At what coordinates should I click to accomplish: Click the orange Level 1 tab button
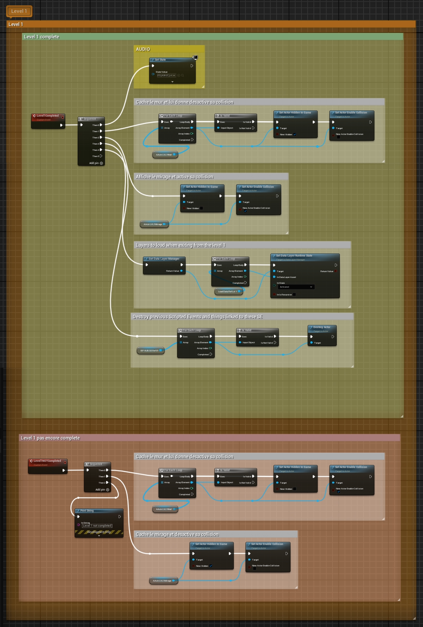tap(19, 11)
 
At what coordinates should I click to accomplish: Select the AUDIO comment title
tap(143, 49)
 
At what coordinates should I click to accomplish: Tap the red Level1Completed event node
tap(48, 116)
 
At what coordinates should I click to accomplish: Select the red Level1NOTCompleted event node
tap(47, 461)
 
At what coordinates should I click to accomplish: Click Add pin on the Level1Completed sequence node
tap(96, 163)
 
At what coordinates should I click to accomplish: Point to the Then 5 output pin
tap(101, 156)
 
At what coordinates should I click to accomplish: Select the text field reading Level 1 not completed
tap(97, 526)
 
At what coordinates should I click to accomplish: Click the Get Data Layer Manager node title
tap(164, 259)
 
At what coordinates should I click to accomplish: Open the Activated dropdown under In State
tap(296, 287)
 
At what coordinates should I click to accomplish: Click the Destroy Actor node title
tap(322, 327)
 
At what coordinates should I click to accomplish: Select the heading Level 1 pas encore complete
tap(50, 438)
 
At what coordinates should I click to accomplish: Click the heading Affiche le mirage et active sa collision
tap(174, 177)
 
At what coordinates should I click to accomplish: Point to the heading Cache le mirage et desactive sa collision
tap(177, 534)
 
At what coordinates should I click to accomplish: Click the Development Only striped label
tap(99, 532)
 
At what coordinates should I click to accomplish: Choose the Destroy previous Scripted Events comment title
tap(197, 317)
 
